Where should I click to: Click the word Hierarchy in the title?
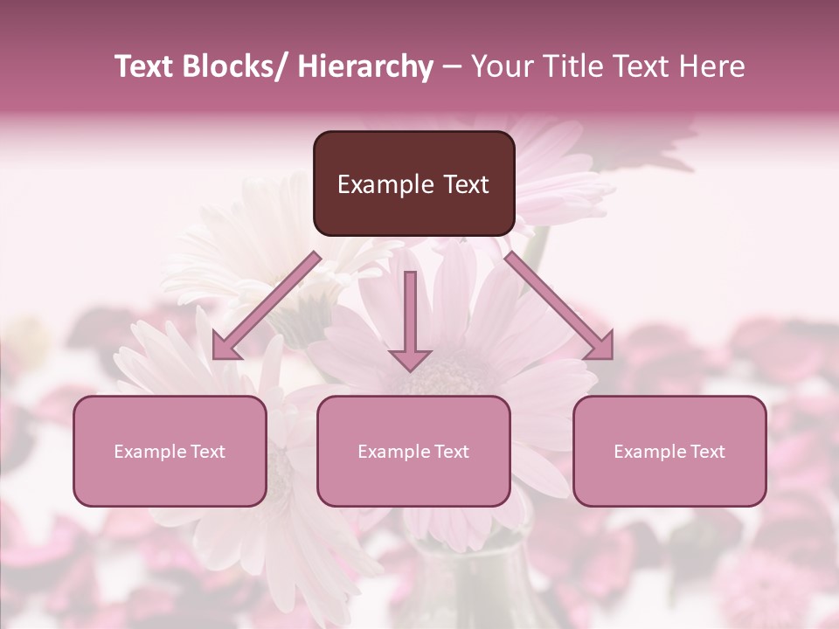(x=364, y=66)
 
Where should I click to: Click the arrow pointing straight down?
(x=410, y=314)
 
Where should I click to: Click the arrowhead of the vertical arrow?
(x=410, y=358)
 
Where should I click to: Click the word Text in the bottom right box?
(x=707, y=452)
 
